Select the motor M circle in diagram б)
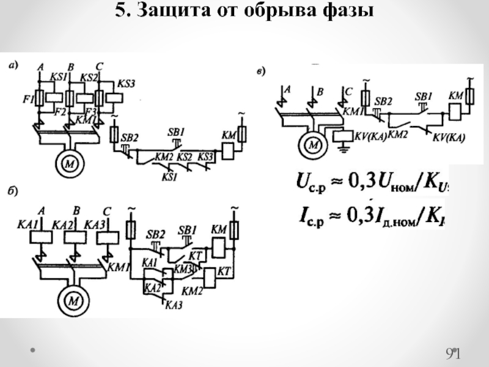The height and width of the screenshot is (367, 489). coord(73,300)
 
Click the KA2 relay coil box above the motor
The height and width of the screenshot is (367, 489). coord(75,236)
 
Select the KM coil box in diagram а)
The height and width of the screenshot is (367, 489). coord(228,150)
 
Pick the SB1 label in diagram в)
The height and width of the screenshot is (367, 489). coord(423,97)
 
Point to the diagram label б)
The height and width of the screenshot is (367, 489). coord(12,191)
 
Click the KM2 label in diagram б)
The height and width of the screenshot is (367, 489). coord(193,291)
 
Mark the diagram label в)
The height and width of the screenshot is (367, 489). coord(260,73)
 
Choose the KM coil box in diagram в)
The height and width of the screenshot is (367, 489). coord(454,111)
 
